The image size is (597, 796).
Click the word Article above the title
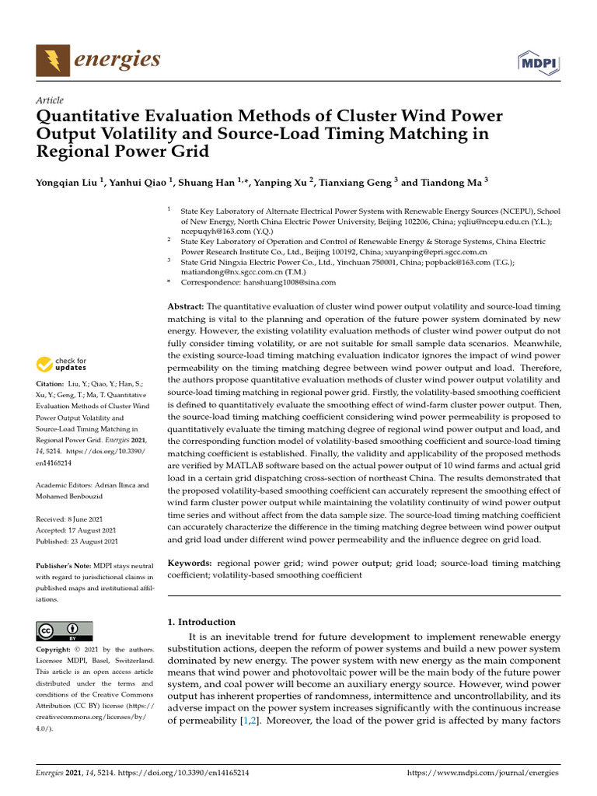click(50, 100)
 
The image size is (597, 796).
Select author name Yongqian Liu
click(68, 183)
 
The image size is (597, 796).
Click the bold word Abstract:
click(187, 307)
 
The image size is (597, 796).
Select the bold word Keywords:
click(190, 563)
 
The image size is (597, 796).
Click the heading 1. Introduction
click(201, 622)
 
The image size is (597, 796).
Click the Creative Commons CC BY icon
click(65, 630)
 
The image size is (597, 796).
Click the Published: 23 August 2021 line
click(77, 541)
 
